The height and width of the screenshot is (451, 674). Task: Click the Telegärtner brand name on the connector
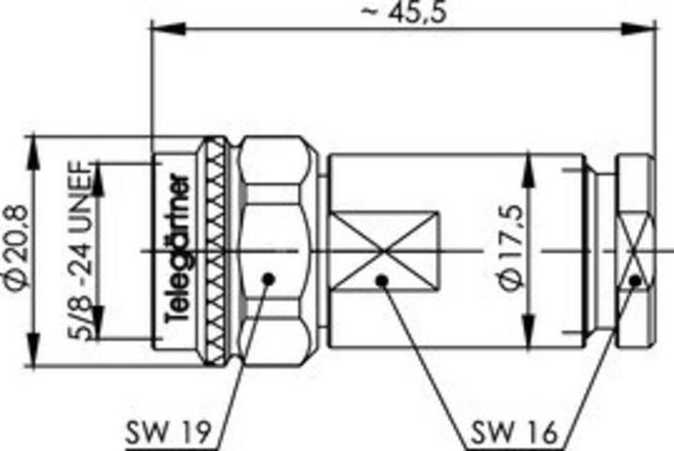coord(179,251)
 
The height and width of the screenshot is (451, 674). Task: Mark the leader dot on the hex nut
coord(269,279)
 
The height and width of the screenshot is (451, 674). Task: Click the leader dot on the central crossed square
coord(381,279)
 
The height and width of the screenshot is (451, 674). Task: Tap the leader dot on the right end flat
coord(636,279)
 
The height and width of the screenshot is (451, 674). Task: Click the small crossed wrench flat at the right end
coord(636,252)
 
